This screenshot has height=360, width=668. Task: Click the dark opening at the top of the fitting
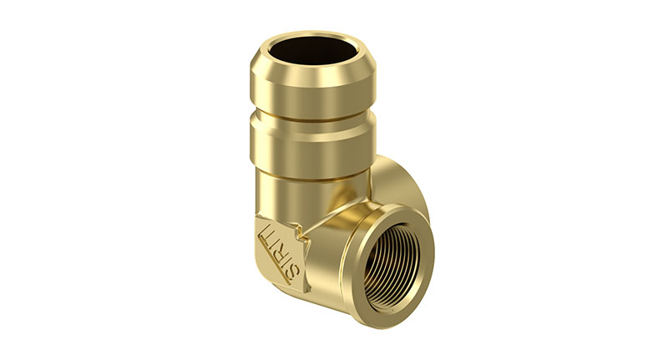(x=313, y=50)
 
